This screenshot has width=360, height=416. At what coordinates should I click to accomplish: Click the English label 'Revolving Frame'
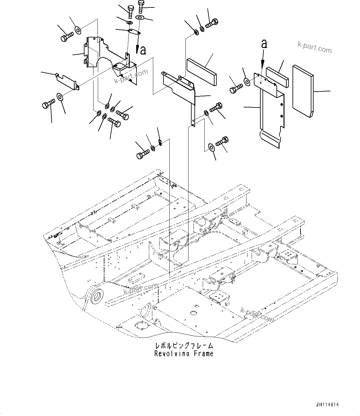(x=184, y=353)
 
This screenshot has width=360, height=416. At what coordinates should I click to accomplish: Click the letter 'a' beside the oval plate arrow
(x=143, y=50)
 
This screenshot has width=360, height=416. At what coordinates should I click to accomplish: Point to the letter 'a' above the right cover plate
(x=264, y=44)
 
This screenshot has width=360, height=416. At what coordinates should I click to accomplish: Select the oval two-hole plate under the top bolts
(x=133, y=31)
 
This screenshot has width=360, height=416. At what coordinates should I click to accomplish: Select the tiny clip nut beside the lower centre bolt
(x=160, y=143)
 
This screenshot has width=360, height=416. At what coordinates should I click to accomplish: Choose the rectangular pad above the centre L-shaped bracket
(x=202, y=72)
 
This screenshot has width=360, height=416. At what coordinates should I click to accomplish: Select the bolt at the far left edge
(x=48, y=104)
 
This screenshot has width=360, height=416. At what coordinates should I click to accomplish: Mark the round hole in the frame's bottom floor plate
(x=194, y=313)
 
